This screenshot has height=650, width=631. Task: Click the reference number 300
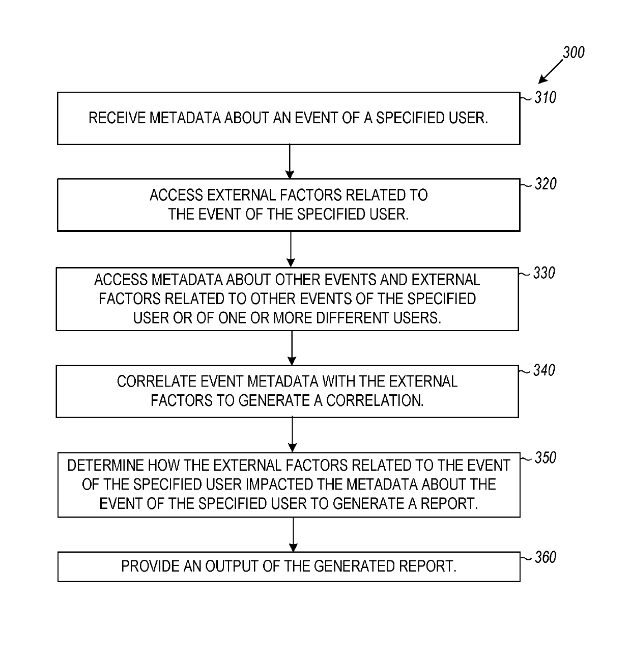tap(573, 52)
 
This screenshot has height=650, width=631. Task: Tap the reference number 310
tap(545, 97)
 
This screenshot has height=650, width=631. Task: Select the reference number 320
tap(545, 184)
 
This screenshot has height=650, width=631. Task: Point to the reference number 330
tap(544, 273)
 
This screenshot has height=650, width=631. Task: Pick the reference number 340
tap(544, 370)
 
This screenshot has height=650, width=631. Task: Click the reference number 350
tap(545, 457)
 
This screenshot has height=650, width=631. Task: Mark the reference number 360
tap(545, 557)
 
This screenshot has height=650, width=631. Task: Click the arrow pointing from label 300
tap(550, 73)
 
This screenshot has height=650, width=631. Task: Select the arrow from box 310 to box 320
tap(289, 161)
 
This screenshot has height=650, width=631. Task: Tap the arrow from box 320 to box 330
tap(290, 249)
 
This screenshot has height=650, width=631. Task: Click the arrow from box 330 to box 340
tap(292, 348)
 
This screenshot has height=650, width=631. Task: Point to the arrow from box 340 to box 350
tap(292, 435)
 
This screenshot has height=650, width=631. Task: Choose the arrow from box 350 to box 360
tap(293, 534)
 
